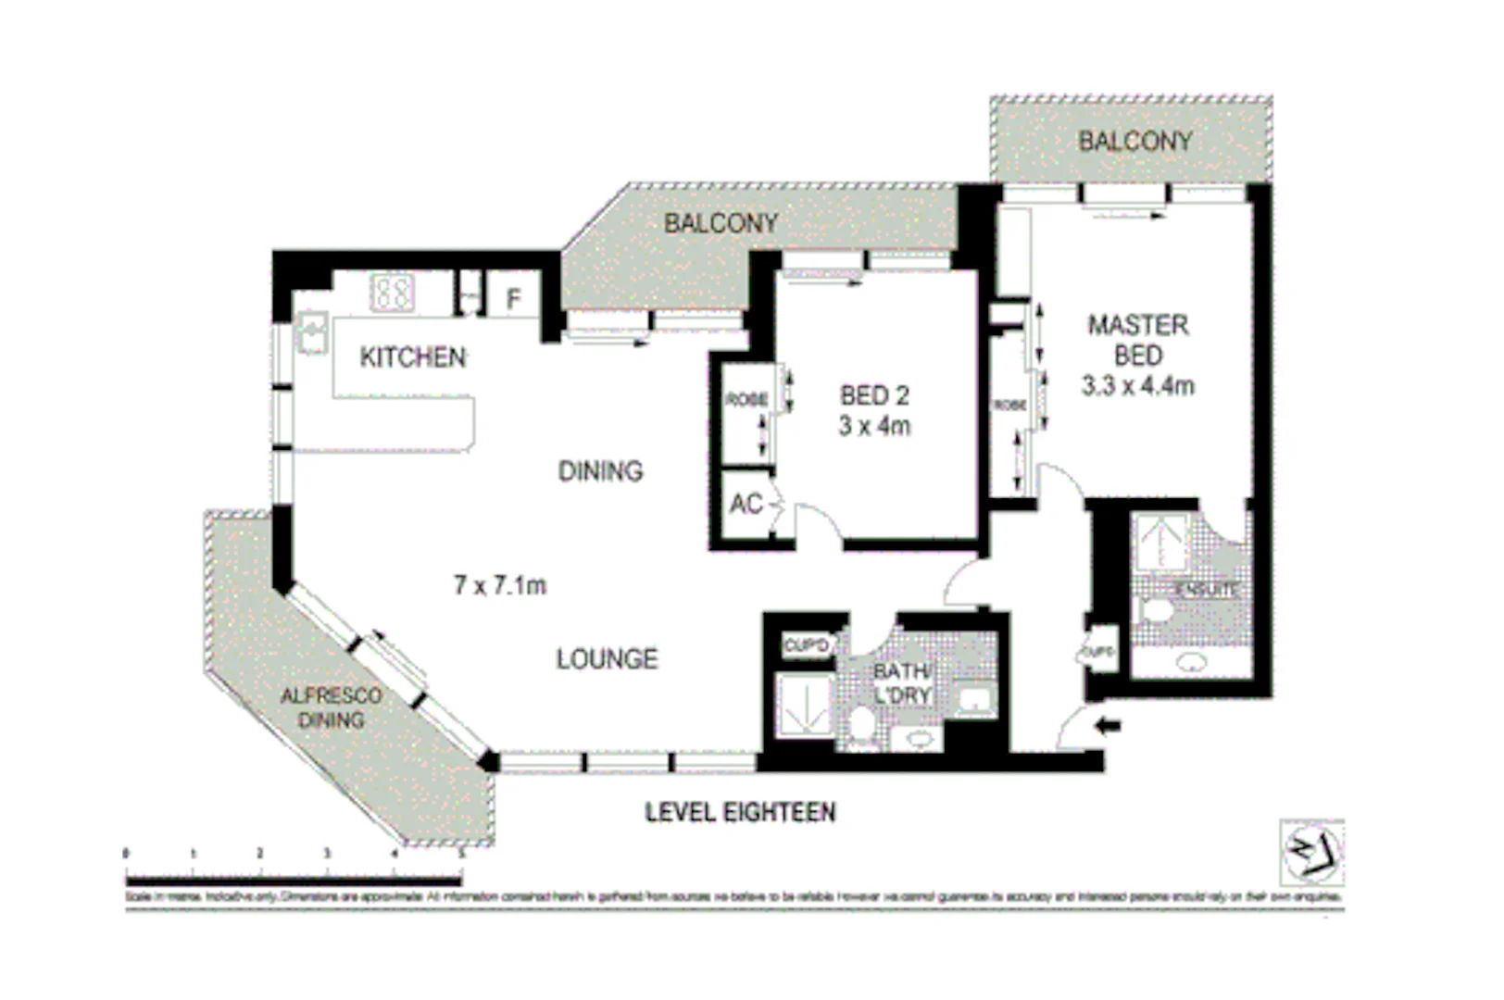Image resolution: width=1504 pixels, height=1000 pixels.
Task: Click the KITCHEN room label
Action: click(413, 357)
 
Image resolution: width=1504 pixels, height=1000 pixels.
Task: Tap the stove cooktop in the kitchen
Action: click(392, 293)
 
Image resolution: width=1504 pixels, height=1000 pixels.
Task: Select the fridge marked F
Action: click(513, 299)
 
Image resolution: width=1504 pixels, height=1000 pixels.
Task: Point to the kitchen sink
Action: click(311, 331)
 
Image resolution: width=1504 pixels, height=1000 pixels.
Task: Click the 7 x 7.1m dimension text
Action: click(500, 585)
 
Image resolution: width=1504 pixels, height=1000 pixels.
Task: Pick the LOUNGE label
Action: click(607, 659)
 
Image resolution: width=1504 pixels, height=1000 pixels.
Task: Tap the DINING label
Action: click(600, 471)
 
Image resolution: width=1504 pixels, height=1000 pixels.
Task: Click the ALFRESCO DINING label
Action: click(331, 707)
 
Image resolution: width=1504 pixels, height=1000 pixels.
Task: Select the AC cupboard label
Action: click(746, 505)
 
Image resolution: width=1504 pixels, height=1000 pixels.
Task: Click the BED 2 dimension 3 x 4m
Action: click(874, 426)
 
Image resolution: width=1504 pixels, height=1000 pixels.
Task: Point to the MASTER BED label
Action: click(1137, 340)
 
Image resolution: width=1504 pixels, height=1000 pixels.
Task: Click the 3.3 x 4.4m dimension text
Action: click(1137, 386)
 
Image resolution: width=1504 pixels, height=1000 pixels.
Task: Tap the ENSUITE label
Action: click(1206, 589)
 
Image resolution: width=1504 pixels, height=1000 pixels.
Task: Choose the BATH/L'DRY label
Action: click(902, 683)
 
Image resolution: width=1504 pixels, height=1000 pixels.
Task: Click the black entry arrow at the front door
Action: click(1108, 726)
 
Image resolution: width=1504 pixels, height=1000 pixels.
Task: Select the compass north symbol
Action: click(1311, 851)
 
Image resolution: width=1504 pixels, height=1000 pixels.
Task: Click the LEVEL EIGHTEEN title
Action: click(740, 813)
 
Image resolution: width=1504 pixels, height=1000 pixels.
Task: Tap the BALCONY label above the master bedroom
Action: click(1134, 142)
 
